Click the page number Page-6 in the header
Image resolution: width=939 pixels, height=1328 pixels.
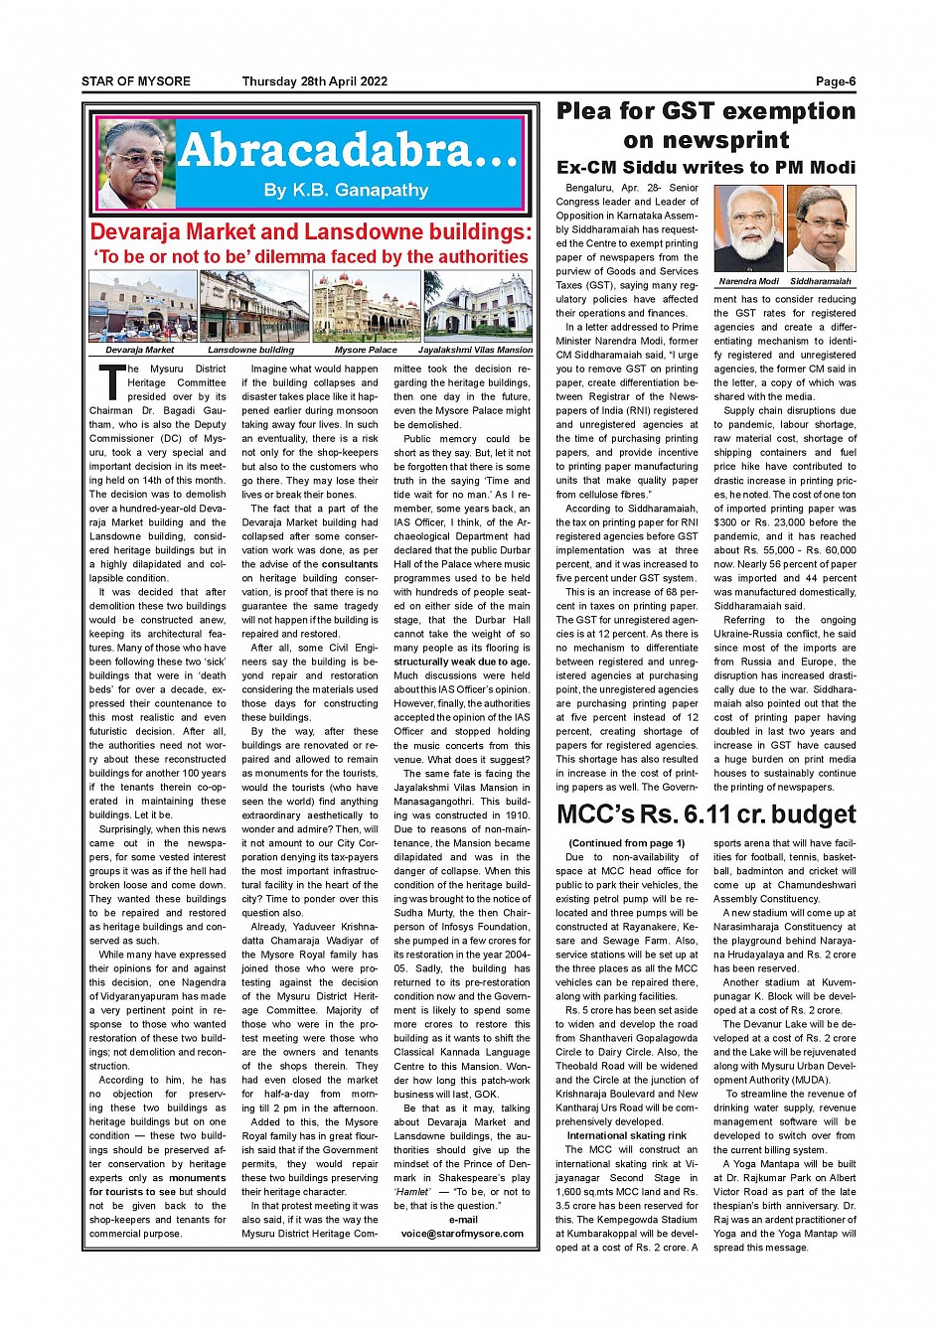[835, 82]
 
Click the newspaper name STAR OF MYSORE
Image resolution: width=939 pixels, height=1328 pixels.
[136, 82]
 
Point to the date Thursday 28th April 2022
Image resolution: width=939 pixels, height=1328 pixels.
[315, 82]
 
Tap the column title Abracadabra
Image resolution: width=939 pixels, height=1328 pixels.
[348, 150]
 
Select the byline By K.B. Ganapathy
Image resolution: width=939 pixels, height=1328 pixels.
[346, 190]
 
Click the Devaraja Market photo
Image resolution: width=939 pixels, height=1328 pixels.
[142, 307]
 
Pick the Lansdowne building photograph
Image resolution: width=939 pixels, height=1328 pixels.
[253, 307]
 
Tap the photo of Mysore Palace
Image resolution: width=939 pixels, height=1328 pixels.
[366, 307]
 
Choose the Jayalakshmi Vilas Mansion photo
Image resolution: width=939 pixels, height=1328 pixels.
[478, 307]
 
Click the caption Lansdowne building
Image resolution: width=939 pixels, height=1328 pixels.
[250, 350]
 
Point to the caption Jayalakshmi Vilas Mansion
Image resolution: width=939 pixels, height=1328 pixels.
[475, 350]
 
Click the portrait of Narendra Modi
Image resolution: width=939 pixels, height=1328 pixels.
[748, 229]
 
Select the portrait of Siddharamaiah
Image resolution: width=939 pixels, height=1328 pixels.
[821, 229]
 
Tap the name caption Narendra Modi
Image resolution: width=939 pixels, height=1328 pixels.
[748, 281]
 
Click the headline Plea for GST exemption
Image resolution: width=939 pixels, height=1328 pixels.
[705, 111]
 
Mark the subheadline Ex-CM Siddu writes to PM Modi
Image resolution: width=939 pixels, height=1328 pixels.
[705, 167]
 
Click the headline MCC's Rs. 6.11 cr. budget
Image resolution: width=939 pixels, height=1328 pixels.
[705, 814]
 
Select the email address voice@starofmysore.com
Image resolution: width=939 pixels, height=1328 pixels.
[462, 1234]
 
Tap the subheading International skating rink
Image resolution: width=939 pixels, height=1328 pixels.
[626, 1135]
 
